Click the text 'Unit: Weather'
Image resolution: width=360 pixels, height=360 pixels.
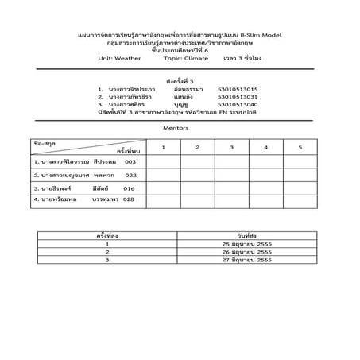click(x=118, y=59)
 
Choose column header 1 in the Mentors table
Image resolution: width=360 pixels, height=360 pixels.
click(x=162, y=148)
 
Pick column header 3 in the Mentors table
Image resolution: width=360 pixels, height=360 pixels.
click(x=231, y=148)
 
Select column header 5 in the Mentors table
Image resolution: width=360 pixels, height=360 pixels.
click(x=300, y=148)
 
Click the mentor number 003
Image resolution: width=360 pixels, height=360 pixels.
click(x=130, y=161)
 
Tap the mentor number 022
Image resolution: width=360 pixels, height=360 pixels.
click(x=130, y=175)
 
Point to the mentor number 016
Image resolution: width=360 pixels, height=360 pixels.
click(x=130, y=188)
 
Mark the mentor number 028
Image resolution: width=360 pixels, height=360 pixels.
click(x=128, y=200)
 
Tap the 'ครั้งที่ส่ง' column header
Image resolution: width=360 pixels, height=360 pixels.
click(x=106, y=235)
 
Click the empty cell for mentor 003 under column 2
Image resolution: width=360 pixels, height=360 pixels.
click(x=196, y=161)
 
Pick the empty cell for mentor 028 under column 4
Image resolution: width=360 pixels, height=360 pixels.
click(x=265, y=200)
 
